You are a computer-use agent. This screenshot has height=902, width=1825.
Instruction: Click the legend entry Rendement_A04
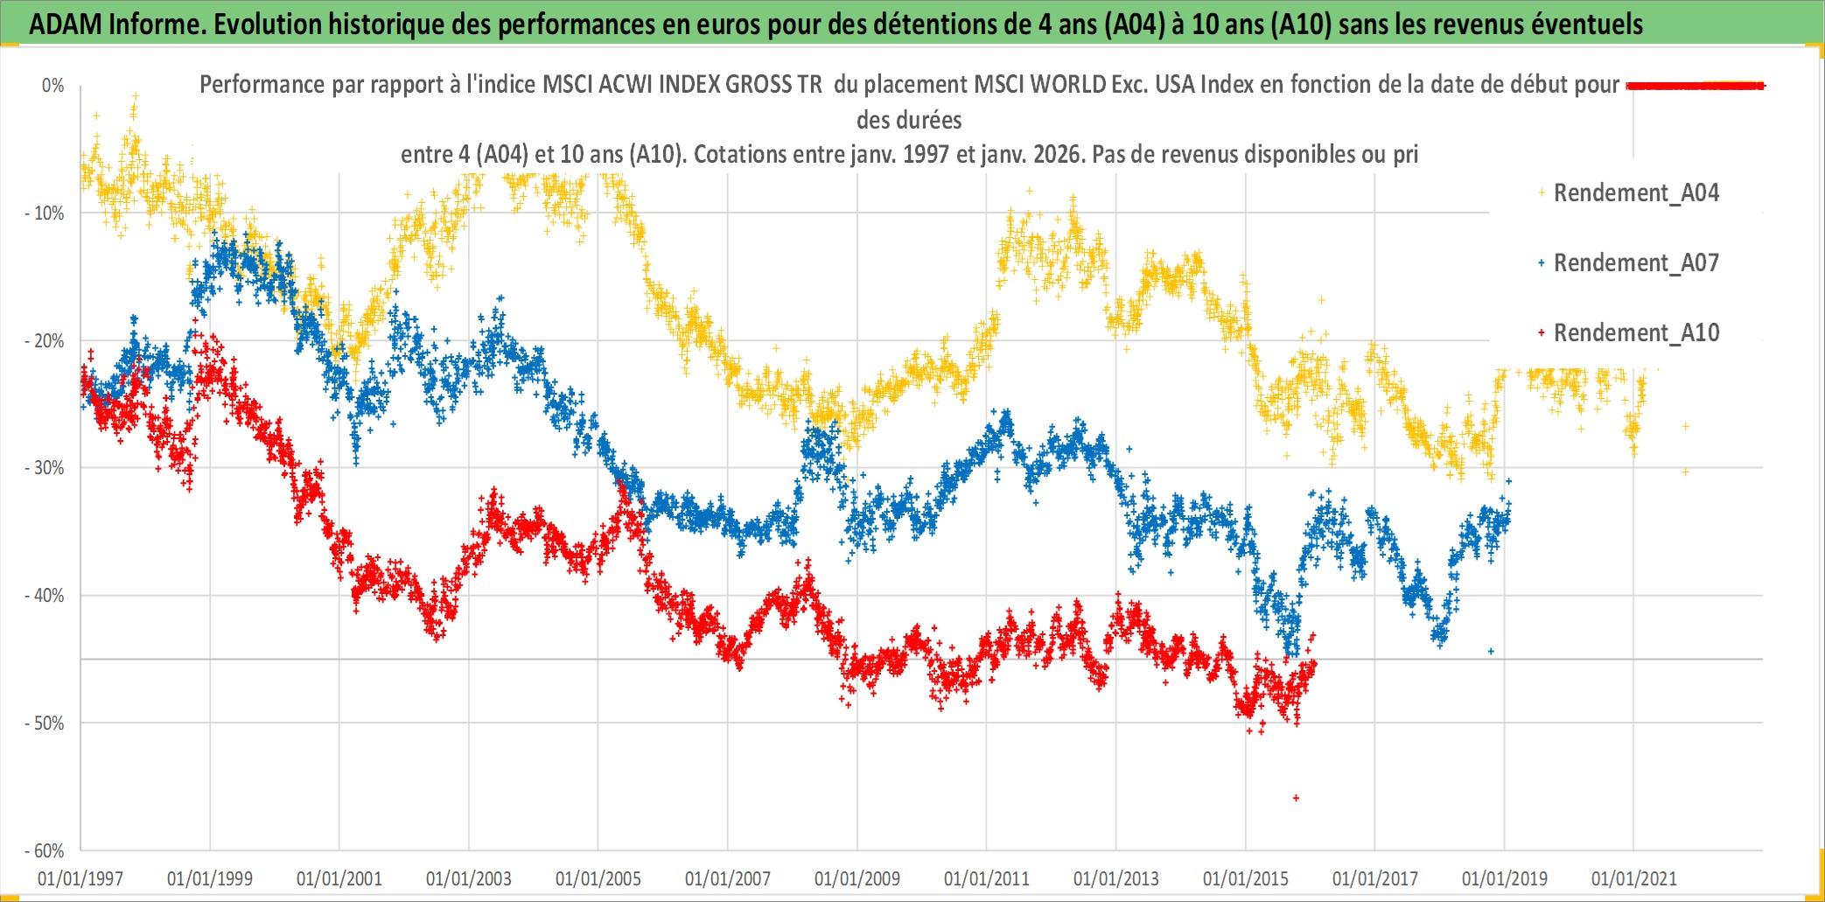click(x=1635, y=193)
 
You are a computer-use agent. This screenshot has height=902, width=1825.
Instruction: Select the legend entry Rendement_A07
click(x=1635, y=263)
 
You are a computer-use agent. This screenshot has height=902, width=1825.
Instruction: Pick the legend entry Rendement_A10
click(x=1635, y=333)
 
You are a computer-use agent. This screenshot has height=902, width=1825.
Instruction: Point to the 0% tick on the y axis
click(x=53, y=86)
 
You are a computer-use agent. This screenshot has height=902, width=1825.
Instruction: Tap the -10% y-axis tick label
click(x=45, y=213)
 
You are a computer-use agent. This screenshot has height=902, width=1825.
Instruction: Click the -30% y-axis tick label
click(x=45, y=468)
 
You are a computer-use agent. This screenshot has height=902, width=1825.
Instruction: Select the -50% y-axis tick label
click(x=45, y=724)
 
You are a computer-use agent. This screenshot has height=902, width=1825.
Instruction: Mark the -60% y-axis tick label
click(x=45, y=850)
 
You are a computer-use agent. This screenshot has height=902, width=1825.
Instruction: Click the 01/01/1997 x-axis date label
click(x=80, y=878)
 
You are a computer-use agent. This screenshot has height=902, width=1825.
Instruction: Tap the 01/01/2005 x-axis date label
click(x=598, y=878)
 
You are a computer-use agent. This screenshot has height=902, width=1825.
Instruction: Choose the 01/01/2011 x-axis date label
click(x=987, y=878)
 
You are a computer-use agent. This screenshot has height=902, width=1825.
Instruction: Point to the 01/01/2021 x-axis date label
click(x=1634, y=878)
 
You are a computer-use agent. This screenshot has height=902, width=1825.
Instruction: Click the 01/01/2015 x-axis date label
click(x=1246, y=878)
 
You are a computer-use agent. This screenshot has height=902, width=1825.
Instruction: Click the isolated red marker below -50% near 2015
click(x=1296, y=798)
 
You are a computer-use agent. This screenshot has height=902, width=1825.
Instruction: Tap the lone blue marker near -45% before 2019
click(x=1491, y=652)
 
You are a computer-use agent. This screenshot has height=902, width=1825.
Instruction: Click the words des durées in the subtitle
click(x=909, y=120)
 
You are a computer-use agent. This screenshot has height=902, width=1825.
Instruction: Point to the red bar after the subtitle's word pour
click(x=1696, y=86)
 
